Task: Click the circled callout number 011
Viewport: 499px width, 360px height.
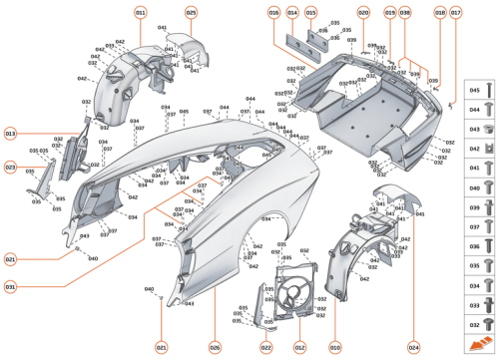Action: coord(140,12)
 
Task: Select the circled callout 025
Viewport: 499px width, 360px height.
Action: coord(191,12)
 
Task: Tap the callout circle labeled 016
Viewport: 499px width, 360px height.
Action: coord(273,12)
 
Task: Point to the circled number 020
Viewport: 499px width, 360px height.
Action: coord(362,12)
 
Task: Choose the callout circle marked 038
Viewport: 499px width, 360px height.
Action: coord(404,12)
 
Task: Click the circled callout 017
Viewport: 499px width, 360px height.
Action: coord(455,12)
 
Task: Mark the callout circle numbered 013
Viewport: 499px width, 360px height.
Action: coord(10,133)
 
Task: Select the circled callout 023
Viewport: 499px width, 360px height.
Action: coord(10,168)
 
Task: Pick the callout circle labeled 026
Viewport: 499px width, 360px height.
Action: coord(214,347)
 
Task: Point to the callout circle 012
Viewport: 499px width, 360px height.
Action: coord(298,347)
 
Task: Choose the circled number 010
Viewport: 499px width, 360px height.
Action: coord(335,347)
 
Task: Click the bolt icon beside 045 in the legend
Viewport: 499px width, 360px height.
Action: coord(487,88)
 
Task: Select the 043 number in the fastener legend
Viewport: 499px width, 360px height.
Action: coord(475,130)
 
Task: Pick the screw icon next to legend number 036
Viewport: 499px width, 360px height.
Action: coord(487,245)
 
